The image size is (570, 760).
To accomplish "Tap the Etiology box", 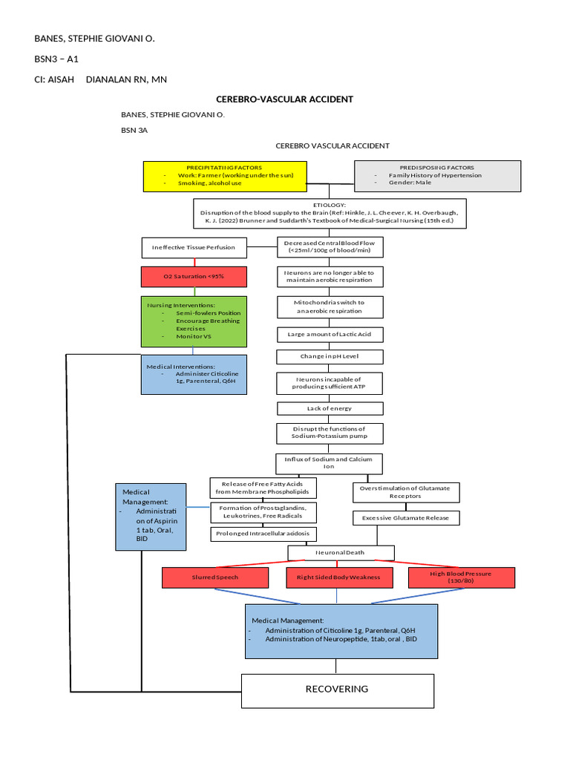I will [330, 213].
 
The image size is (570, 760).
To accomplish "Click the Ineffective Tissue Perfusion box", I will [193, 247].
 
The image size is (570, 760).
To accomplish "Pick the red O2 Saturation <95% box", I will [193, 277].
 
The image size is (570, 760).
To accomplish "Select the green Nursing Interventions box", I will [193, 321].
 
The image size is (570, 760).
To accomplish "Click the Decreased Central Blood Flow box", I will [330, 247].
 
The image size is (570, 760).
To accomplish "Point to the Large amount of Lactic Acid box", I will [330, 335].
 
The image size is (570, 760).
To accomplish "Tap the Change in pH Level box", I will [330, 357].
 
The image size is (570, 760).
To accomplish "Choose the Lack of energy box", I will [330, 408].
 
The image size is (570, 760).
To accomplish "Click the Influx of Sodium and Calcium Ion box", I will [330, 463].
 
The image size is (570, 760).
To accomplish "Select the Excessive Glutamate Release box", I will [405, 517].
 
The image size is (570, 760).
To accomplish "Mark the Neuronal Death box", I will [341, 552].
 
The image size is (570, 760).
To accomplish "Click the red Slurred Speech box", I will [214, 577].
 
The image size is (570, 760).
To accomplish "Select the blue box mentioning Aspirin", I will [151, 517].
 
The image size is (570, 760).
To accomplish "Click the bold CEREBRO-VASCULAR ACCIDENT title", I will [284, 99].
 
